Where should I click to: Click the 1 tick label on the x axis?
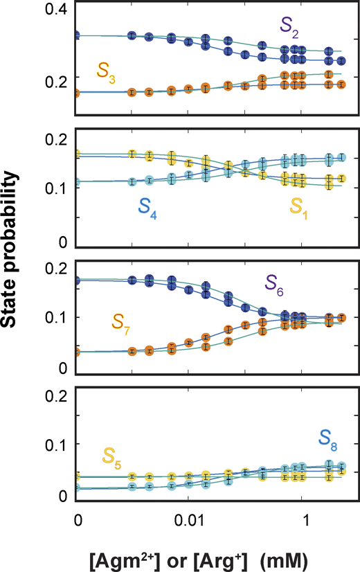click(302, 517)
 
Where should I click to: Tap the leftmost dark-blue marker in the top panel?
click(77, 35)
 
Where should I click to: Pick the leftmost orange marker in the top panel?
click(77, 92)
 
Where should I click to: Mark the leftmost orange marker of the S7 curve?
click(77, 352)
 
